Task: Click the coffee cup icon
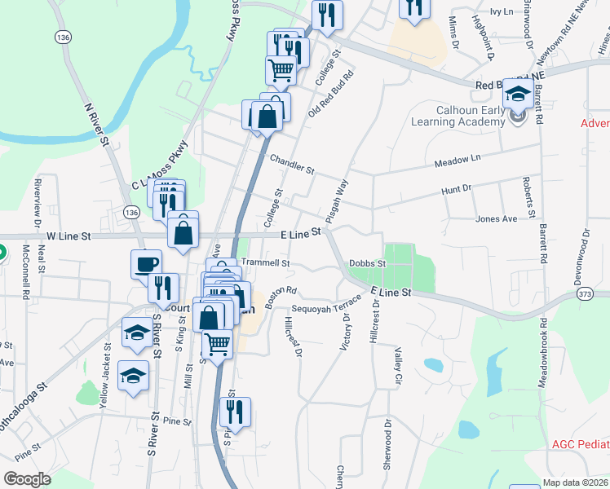[146, 264]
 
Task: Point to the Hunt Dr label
[456, 189]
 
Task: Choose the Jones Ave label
[497, 219]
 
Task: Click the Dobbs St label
[366, 263]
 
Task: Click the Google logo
[27, 479]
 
